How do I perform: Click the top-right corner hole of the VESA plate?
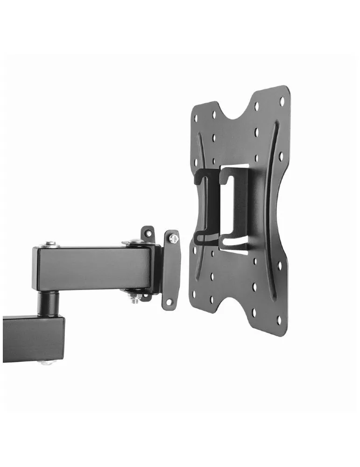point(282,101)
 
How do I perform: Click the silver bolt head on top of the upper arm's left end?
point(50,244)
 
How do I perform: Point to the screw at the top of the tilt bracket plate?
point(173,239)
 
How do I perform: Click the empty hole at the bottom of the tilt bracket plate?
point(169,302)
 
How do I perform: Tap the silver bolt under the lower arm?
point(47,361)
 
